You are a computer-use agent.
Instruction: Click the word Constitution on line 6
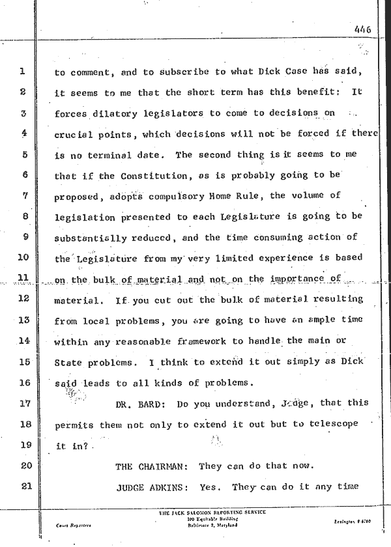coord(141,176)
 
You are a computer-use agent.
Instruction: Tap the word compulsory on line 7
coord(181,197)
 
